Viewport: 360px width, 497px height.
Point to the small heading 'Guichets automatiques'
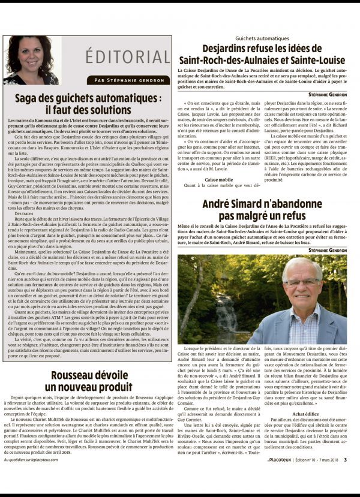(x=263, y=38)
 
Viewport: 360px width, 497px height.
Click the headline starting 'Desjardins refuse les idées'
(x=263, y=55)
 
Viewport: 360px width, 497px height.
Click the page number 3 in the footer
(x=354, y=477)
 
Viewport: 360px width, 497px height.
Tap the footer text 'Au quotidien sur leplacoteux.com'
(x=37, y=477)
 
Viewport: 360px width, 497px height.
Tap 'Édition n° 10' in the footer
(x=306, y=477)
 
